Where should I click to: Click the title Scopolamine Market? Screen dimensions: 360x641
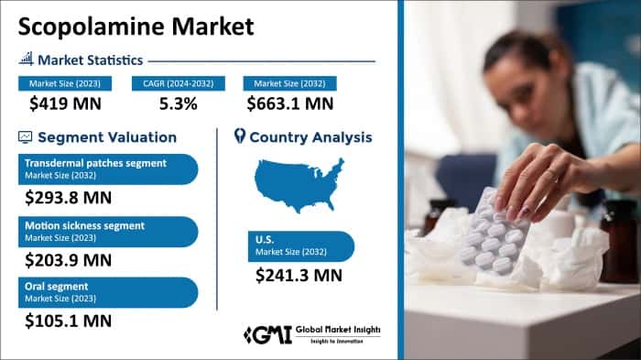(x=135, y=26)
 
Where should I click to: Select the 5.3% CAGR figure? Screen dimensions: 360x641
(x=178, y=104)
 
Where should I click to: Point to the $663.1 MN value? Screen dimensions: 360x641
(x=289, y=104)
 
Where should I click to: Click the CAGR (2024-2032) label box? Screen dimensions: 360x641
(x=178, y=83)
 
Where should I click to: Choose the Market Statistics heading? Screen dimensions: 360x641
(x=90, y=60)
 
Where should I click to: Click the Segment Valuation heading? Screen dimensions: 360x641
(x=106, y=137)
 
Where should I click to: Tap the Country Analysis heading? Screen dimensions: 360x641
(x=310, y=137)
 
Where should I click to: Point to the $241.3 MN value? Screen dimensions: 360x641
(x=299, y=274)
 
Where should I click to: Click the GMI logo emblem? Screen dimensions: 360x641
(x=266, y=334)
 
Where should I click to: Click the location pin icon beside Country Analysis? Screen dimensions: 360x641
(x=239, y=137)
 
